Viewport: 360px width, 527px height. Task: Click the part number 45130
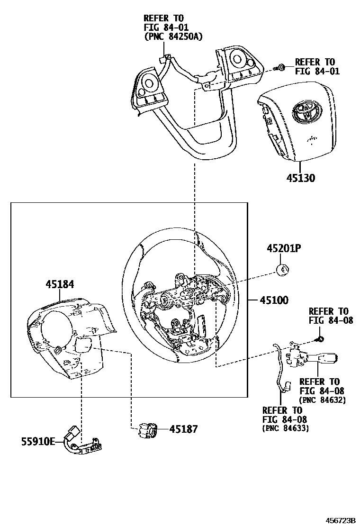pos(301,179)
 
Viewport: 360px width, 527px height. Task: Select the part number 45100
pos(274,300)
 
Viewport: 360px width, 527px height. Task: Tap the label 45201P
pos(284,249)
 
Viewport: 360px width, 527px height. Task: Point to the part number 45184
pos(60,284)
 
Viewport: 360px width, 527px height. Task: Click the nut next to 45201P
pos(283,270)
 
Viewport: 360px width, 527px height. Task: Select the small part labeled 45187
pos(146,430)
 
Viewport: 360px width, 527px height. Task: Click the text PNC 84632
pos(323,400)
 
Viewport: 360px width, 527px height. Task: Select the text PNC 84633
pos(285,428)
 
